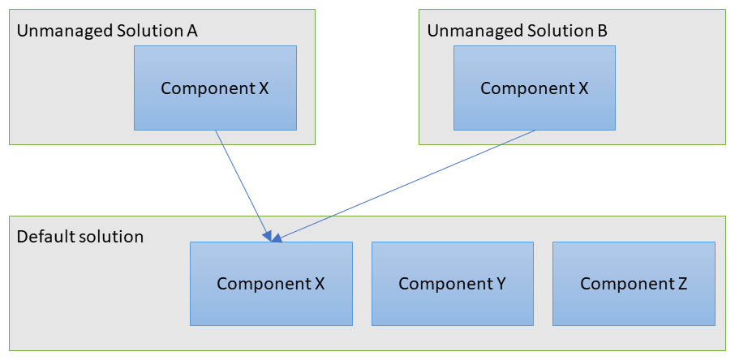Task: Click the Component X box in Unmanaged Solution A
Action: click(215, 88)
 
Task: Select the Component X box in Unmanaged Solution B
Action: click(535, 88)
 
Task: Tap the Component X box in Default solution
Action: click(271, 284)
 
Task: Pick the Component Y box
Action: click(453, 284)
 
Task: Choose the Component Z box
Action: click(634, 284)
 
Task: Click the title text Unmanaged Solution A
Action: click(107, 32)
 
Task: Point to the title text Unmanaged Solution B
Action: click(517, 32)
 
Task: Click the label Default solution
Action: click(80, 237)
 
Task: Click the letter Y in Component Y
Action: click(500, 284)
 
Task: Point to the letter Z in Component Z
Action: click(682, 284)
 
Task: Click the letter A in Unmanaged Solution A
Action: click(191, 31)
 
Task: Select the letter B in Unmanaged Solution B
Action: click(602, 31)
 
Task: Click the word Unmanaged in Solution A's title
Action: click(64, 32)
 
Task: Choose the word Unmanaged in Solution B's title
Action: click(475, 32)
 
